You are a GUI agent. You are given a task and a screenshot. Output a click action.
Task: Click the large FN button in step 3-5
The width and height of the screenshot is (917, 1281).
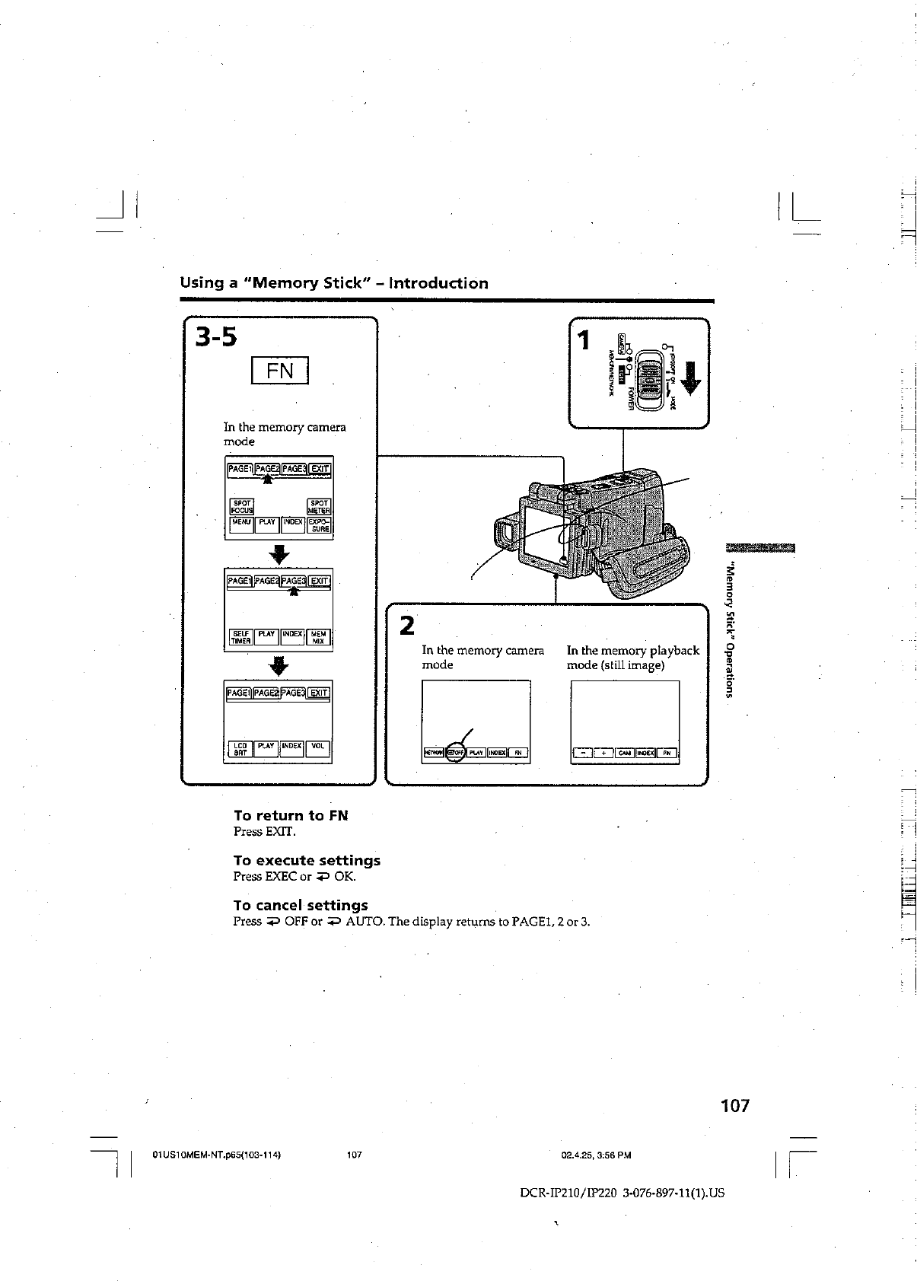pos(280,371)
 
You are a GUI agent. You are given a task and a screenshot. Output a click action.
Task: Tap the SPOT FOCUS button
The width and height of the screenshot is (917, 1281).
pos(242,506)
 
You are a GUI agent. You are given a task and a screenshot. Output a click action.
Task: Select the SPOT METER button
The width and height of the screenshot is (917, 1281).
pos(319,506)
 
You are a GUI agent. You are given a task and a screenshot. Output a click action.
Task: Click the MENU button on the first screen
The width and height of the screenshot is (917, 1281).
pos(241,524)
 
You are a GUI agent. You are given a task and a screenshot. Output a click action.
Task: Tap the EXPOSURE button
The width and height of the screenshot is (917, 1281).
pos(319,525)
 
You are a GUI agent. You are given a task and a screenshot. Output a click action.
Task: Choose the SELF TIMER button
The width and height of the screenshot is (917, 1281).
pos(240,638)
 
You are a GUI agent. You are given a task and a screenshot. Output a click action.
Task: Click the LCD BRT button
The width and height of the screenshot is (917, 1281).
pos(240,749)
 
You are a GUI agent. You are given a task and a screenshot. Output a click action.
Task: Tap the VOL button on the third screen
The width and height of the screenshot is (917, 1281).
pos(317,749)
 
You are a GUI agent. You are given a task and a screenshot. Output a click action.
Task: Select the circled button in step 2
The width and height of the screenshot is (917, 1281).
pos(456,754)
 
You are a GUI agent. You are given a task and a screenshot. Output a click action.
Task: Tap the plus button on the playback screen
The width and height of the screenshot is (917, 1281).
pos(604,754)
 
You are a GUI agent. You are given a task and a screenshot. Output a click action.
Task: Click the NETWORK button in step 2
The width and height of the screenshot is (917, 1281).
pos(434,754)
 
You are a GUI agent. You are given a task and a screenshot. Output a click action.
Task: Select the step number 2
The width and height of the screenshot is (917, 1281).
pos(408,626)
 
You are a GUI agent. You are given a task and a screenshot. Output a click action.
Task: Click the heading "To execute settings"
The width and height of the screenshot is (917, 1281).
pos(307,861)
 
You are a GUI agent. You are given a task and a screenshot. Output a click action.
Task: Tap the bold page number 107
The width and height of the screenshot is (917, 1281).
pos(735,1105)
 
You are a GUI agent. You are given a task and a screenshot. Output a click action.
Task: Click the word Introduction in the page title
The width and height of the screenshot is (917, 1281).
pos(438,284)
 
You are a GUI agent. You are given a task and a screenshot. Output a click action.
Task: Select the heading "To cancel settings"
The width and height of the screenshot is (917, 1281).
pos(301,906)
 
